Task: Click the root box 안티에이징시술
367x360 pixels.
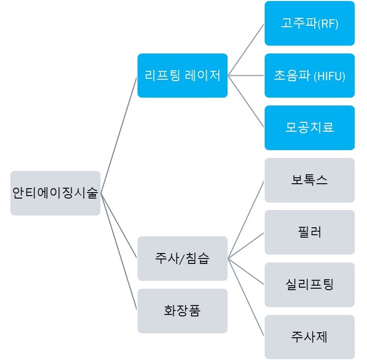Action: (x=55, y=193)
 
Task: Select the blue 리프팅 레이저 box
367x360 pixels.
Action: (x=182, y=75)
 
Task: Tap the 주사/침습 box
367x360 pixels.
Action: (x=182, y=258)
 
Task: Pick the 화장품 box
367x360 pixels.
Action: (x=182, y=310)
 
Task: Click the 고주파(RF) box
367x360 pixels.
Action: (x=309, y=23)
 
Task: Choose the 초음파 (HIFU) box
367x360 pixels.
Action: (x=309, y=75)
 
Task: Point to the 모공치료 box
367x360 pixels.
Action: (x=309, y=127)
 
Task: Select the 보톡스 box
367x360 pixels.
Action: (x=309, y=180)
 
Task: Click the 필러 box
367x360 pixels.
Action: (x=309, y=232)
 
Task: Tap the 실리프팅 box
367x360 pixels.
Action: (x=309, y=284)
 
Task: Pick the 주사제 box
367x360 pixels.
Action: (x=309, y=337)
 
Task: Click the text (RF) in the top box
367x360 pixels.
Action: (x=328, y=24)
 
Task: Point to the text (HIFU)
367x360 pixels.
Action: (x=329, y=76)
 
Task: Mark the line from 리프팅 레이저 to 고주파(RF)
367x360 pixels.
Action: (x=246, y=50)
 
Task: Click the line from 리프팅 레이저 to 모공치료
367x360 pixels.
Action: (x=246, y=101)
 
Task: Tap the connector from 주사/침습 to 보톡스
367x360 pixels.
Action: (x=246, y=219)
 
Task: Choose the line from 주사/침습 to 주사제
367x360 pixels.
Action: (x=246, y=297)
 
